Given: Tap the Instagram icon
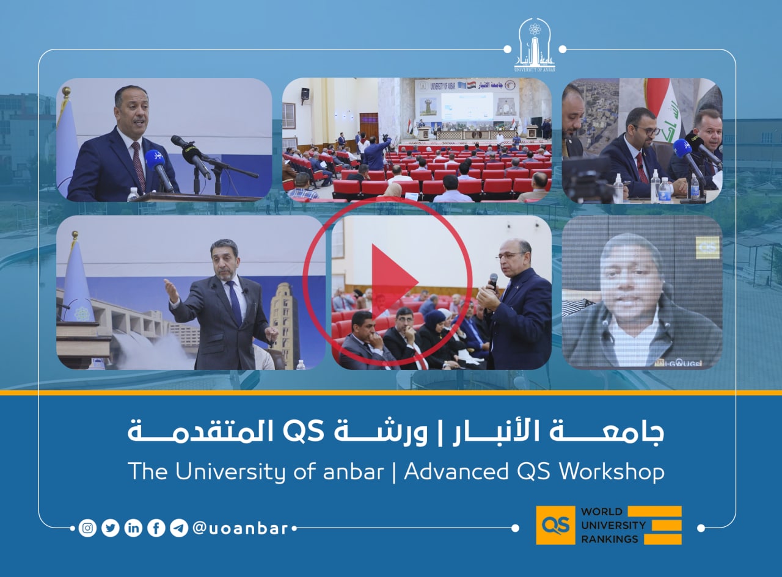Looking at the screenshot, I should point(88,528).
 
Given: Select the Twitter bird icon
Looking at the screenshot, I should point(111,528).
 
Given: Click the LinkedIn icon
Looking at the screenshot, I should point(133,528).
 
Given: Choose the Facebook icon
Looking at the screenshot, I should point(156,528).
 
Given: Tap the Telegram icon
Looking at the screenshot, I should point(178,528).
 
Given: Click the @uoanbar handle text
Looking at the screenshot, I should point(240,528).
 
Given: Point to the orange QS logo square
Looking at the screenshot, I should point(555,525).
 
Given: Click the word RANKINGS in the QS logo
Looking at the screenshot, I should point(609,539).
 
